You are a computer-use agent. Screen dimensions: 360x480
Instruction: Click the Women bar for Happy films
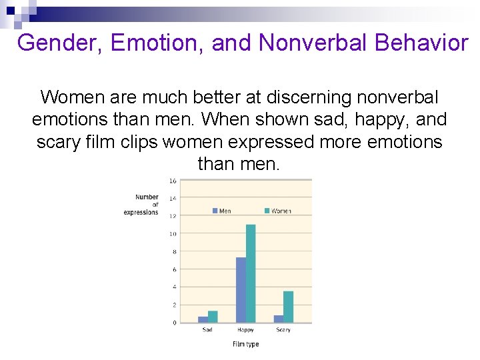(251, 273)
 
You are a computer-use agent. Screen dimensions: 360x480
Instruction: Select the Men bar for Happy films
(241, 290)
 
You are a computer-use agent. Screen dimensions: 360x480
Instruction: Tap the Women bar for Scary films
(288, 307)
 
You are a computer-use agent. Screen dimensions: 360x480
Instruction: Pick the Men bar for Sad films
(203, 319)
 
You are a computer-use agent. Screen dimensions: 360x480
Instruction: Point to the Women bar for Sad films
(213, 317)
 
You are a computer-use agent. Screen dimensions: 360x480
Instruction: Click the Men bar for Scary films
(279, 319)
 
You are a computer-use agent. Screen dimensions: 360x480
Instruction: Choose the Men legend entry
(222, 211)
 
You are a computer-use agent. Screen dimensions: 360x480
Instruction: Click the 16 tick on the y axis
(173, 181)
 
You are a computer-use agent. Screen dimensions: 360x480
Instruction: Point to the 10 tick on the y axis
(173, 234)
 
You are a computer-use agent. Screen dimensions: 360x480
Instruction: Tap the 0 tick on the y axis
(174, 323)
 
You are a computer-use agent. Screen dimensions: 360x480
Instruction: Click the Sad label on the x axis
(207, 330)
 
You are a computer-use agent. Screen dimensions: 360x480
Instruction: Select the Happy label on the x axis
(245, 330)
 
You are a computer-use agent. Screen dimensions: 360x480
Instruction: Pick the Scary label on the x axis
(283, 330)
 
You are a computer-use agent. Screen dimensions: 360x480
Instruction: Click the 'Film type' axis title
(245, 344)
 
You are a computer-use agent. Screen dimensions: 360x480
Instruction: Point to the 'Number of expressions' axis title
(143, 205)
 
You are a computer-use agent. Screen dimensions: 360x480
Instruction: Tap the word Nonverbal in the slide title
(313, 43)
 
